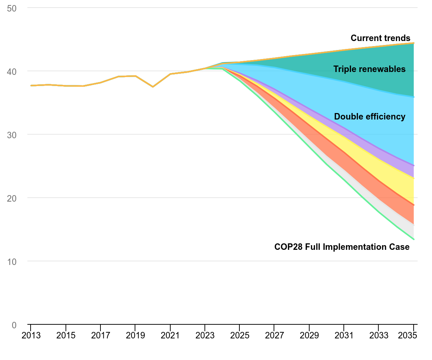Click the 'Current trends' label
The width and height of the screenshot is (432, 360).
[x=380, y=38]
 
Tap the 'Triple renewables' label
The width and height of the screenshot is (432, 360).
[x=369, y=69]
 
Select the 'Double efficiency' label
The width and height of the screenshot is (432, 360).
[x=369, y=117]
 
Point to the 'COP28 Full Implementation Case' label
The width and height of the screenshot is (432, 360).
[x=342, y=247]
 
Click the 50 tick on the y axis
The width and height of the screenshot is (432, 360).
[x=12, y=9]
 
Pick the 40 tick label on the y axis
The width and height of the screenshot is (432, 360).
[x=12, y=72]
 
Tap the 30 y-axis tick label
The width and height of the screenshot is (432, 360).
[x=12, y=135]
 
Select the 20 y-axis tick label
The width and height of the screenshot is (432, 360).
[x=12, y=198]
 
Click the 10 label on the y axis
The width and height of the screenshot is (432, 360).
[x=12, y=262]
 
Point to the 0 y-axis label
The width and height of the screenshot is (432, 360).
[x=14, y=325]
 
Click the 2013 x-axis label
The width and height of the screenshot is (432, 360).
[x=31, y=336]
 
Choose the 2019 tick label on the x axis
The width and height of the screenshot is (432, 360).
[x=135, y=336]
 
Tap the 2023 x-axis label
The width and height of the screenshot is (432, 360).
[x=205, y=336]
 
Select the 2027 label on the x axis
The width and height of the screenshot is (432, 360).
[x=274, y=336]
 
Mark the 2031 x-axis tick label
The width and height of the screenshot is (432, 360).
[x=344, y=336]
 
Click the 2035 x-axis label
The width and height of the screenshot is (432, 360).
[x=408, y=336]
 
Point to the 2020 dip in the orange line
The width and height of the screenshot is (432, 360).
[x=153, y=87]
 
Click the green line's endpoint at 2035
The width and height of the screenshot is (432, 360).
[x=414, y=239]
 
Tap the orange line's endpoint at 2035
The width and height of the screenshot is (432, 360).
[x=414, y=43]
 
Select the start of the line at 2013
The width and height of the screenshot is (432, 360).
[x=31, y=85]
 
